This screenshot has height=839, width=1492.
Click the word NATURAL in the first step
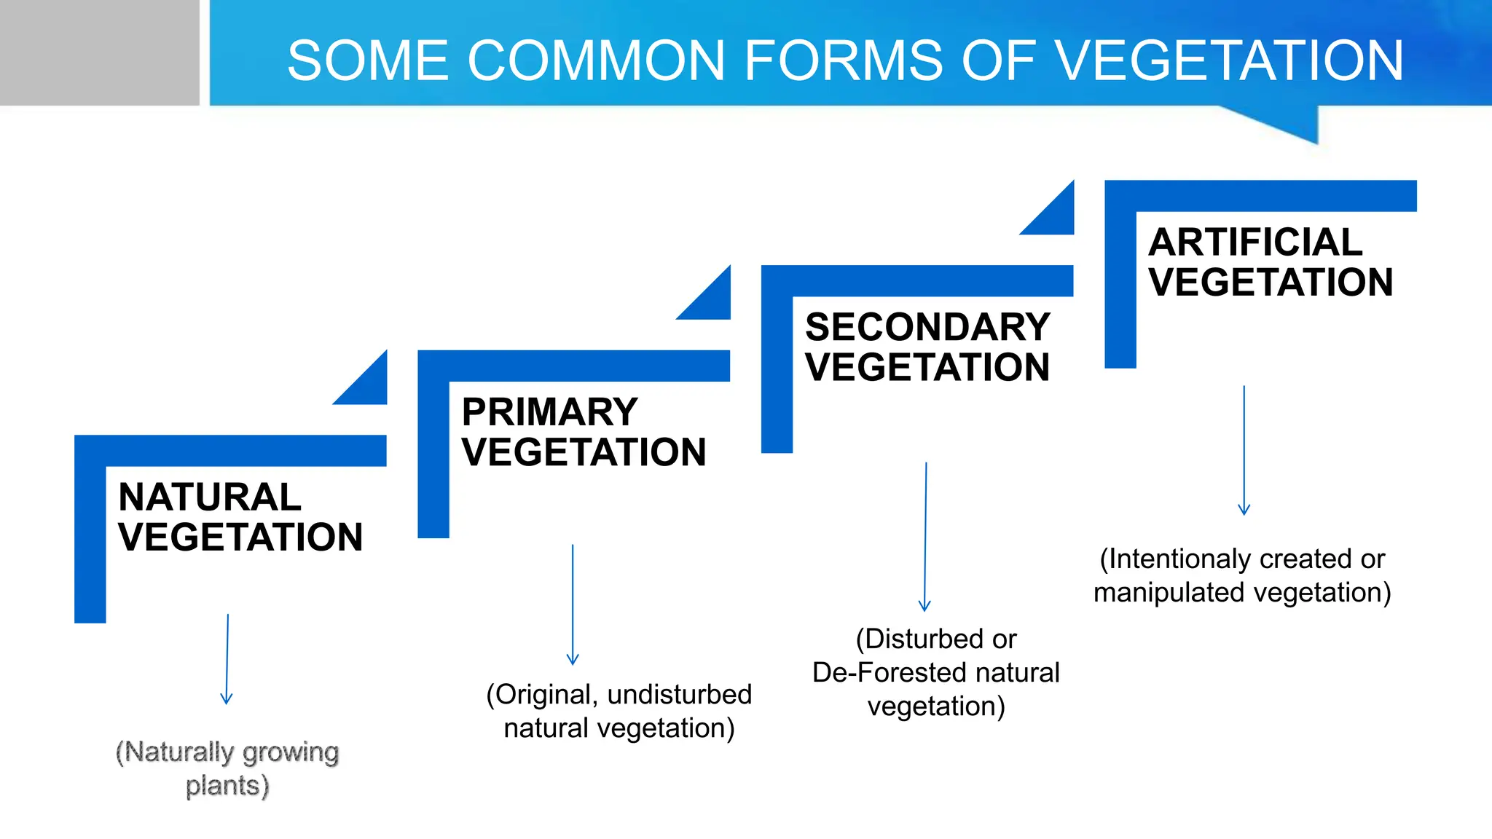click(x=210, y=497)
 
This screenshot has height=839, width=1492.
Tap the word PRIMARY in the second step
click(x=550, y=412)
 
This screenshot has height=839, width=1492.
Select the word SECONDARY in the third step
click(x=927, y=327)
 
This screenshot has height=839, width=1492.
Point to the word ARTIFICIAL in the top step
click(x=1255, y=243)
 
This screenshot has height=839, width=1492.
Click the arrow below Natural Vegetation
click(x=227, y=659)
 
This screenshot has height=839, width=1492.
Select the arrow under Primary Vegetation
click(x=573, y=604)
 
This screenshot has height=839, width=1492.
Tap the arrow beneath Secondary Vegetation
click(x=925, y=537)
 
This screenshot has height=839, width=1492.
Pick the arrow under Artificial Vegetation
click(x=1244, y=450)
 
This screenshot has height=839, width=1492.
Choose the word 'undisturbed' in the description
click(x=679, y=695)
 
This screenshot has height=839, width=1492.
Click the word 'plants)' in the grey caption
click(x=227, y=786)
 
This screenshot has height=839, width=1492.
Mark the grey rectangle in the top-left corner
click(x=99, y=52)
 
